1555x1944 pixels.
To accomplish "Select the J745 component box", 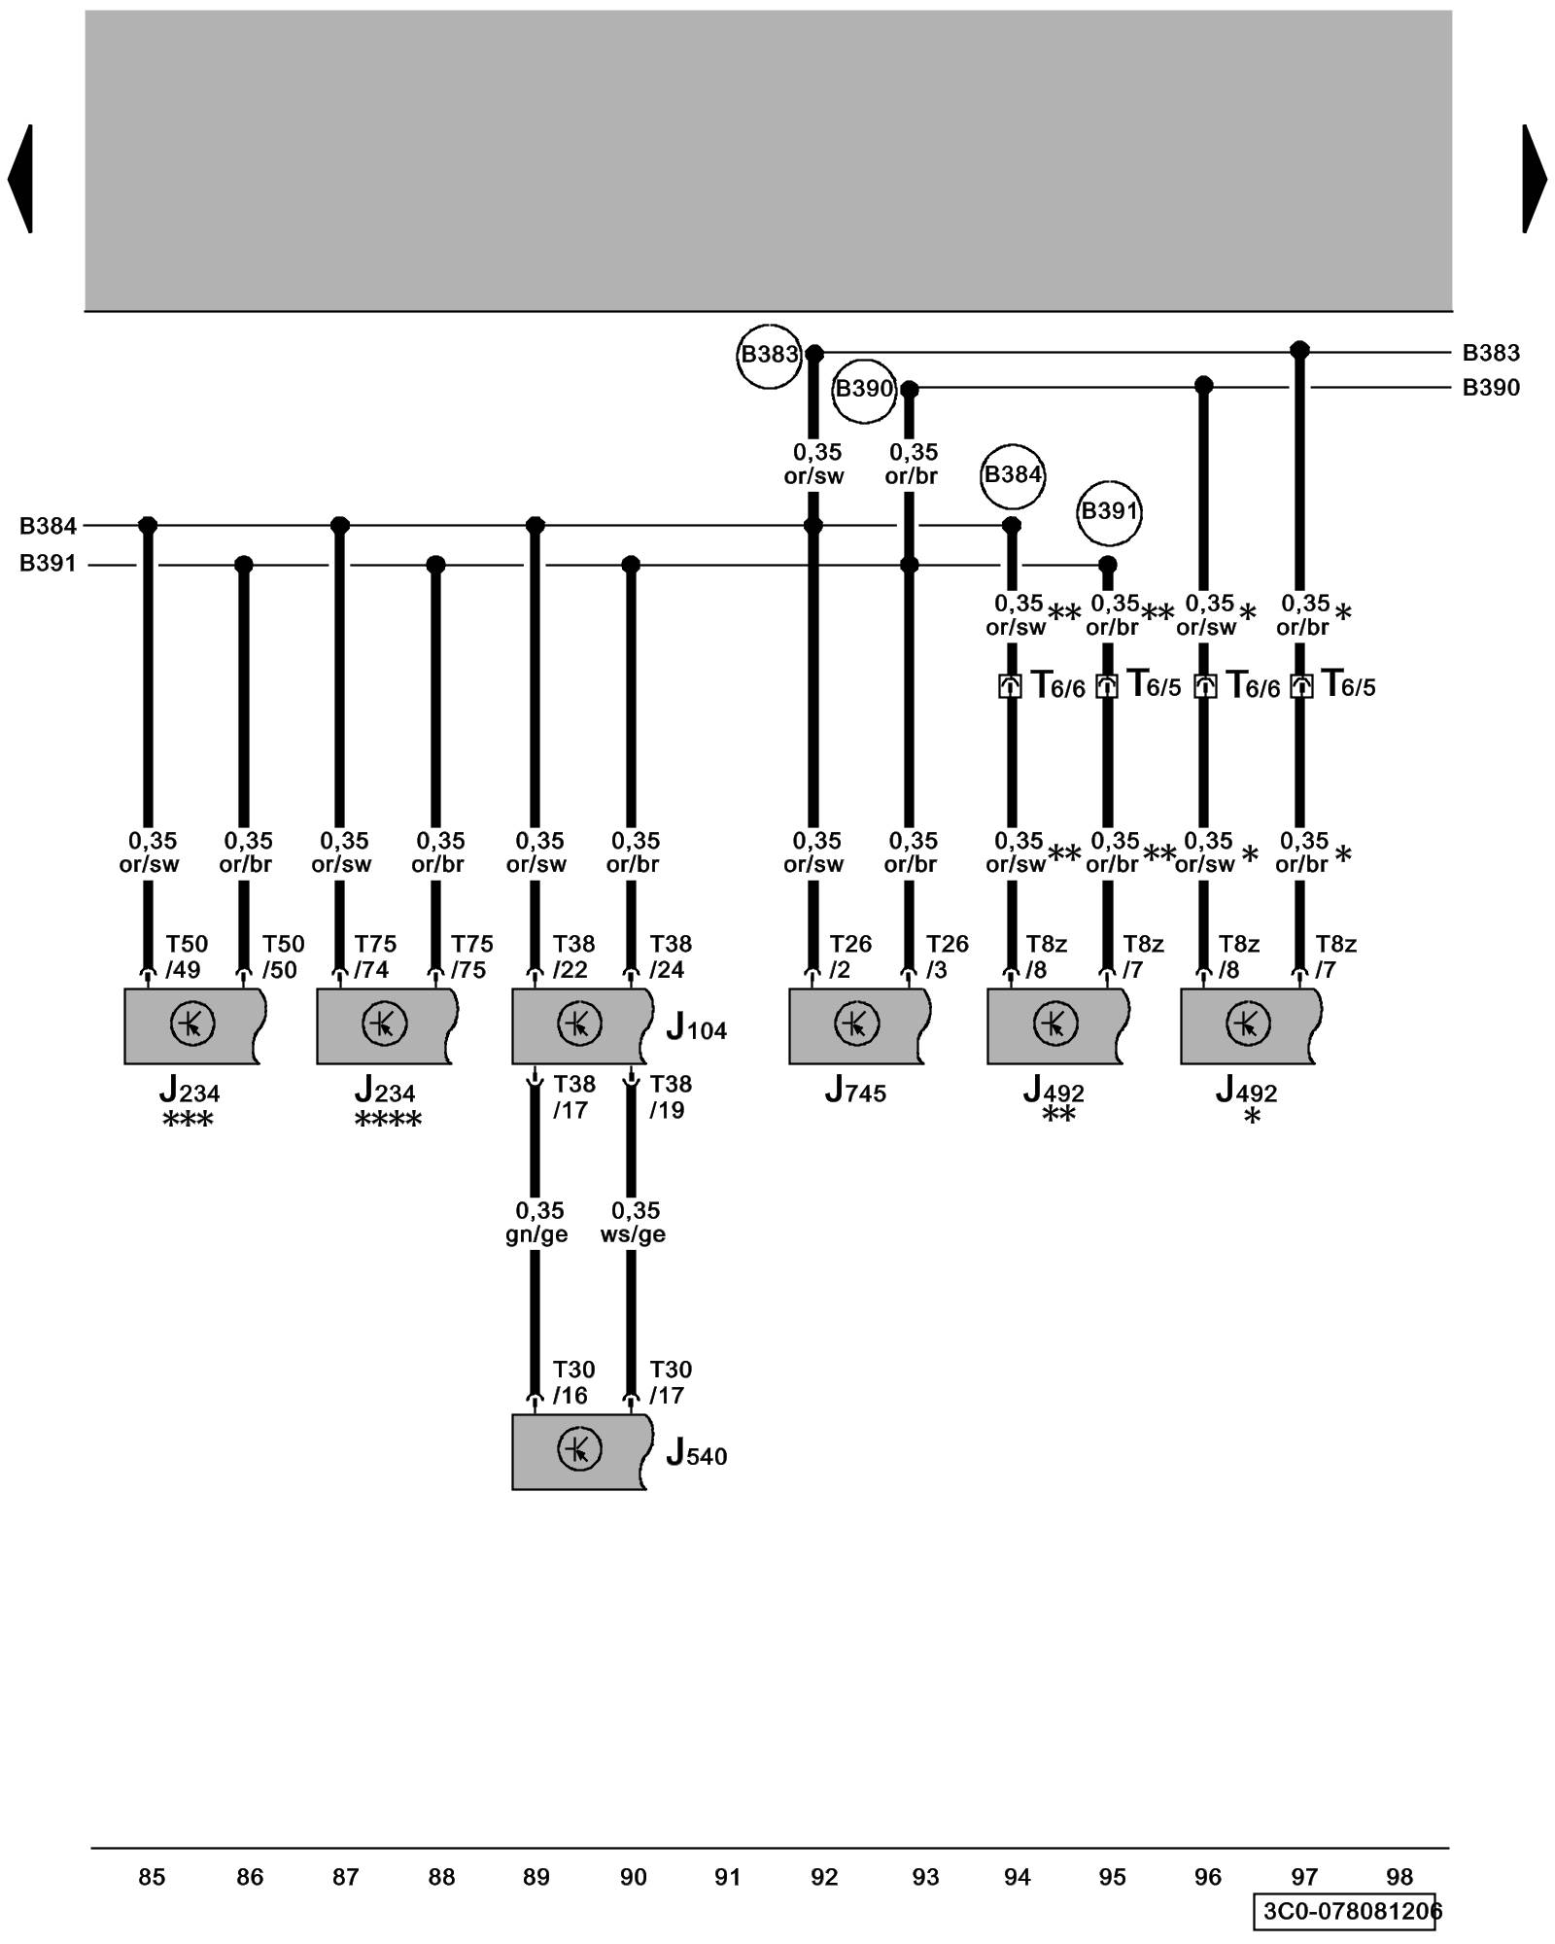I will [x=856, y=1025].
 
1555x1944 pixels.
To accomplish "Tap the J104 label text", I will [x=696, y=1028].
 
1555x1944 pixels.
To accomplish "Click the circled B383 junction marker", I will [x=769, y=355].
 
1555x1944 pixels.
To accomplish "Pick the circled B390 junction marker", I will [x=863, y=390].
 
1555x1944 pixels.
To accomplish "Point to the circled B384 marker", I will [x=1012, y=475].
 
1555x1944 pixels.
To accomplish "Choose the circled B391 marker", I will [x=1109, y=511].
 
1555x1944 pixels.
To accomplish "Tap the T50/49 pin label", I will [x=186, y=956].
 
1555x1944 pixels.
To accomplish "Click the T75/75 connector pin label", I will [x=471, y=956].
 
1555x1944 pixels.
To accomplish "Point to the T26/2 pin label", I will [x=849, y=956].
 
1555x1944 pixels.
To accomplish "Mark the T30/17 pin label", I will [x=670, y=1382].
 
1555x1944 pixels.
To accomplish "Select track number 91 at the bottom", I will [x=728, y=1877].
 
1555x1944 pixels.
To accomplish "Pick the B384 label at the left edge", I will [x=48, y=526].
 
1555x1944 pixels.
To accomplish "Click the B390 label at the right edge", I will [x=1490, y=388].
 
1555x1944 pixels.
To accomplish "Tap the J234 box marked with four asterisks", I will [x=385, y=1025].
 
